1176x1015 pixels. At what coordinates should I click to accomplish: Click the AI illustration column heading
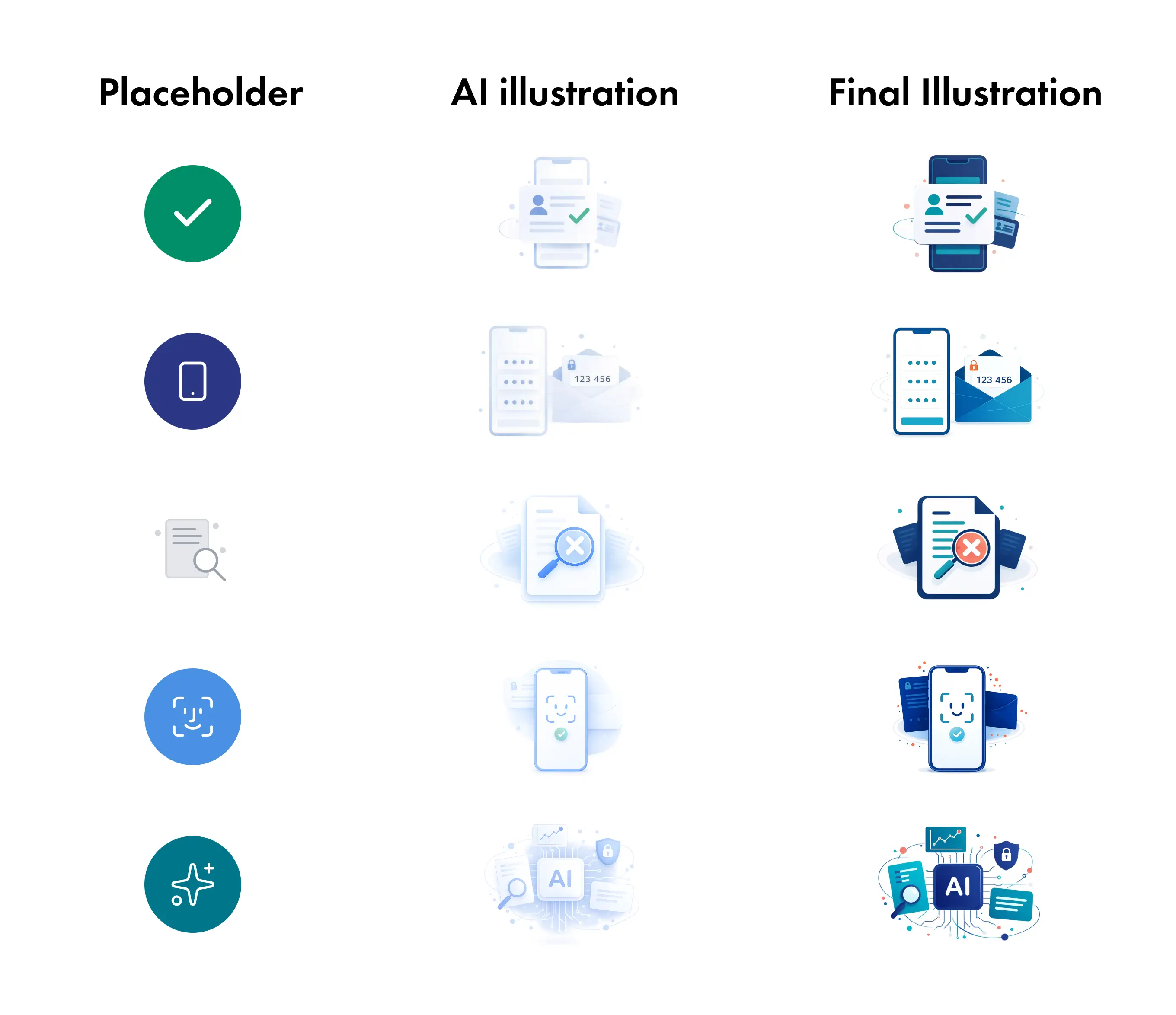click(565, 93)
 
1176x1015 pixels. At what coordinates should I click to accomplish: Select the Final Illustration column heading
click(965, 93)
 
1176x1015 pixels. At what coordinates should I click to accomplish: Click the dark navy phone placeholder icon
click(193, 381)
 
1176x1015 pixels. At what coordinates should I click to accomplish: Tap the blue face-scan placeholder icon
click(193, 717)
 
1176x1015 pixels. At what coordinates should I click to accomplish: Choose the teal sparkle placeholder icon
click(193, 884)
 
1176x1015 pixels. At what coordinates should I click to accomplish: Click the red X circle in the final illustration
click(971, 548)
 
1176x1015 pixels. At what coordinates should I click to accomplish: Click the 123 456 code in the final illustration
click(994, 380)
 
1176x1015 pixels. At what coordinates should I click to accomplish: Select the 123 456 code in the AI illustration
click(593, 379)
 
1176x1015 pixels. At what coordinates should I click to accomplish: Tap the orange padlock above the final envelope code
click(973, 365)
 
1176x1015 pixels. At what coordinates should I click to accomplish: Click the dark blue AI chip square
click(958, 887)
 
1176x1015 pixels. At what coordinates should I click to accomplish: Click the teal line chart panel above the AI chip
click(946, 839)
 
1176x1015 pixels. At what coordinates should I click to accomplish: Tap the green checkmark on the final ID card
click(976, 216)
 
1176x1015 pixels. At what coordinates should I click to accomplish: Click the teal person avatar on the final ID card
click(933, 205)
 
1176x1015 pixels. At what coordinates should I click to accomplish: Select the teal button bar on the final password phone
click(922, 421)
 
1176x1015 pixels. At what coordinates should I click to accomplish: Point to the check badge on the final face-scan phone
click(957, 735)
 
